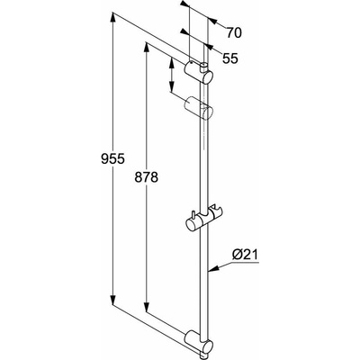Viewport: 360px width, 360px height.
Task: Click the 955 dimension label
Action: pos(112,158)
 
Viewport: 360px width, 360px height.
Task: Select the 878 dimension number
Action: pos(146,177)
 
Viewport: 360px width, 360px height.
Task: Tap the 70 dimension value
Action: pos(234,32)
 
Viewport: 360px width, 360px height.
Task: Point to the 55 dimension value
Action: pos(230,58)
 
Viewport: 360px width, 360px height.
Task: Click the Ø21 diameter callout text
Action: pos(245,255)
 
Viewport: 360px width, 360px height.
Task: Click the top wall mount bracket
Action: pos(198,72)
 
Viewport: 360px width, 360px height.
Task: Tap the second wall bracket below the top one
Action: pos(198,109)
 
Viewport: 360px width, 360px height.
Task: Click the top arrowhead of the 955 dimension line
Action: pos(112,17)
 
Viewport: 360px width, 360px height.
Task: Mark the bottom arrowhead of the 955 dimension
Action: pos(112,300)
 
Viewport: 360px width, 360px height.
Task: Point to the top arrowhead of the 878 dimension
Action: pos(146,48)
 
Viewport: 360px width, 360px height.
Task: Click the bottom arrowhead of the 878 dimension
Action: pos(146,307)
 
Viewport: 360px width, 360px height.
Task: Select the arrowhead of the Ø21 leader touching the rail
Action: pos(212,268)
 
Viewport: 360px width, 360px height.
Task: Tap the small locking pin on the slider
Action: pos(193,215)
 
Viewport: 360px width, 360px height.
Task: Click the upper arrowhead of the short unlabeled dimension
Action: pos(171,62)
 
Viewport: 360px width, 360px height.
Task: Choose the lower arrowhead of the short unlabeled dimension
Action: pos(171,87)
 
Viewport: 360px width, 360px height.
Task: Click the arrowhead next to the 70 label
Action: pos(212,21)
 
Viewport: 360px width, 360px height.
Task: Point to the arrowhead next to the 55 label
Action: pos(209,47)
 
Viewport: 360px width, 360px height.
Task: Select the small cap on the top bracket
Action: pos(203,66)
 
